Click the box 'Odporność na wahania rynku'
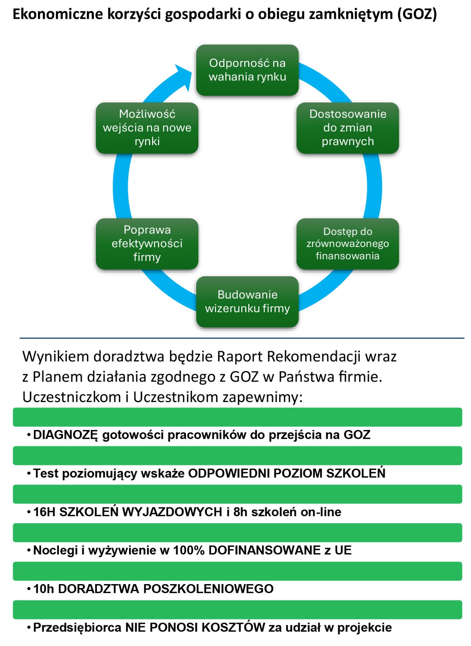(247, 70)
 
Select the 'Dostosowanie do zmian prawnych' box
(348, 128)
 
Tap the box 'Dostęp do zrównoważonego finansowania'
(348, 244)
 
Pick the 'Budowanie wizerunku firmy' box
(247, 301)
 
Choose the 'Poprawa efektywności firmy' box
(147, 244)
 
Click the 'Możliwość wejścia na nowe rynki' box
(147, 128)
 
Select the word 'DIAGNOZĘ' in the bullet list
(66, 435)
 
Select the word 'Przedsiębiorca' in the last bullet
(77, 628)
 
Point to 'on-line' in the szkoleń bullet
(321, 512)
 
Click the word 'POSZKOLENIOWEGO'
(209, 589)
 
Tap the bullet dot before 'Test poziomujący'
(29, 474)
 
